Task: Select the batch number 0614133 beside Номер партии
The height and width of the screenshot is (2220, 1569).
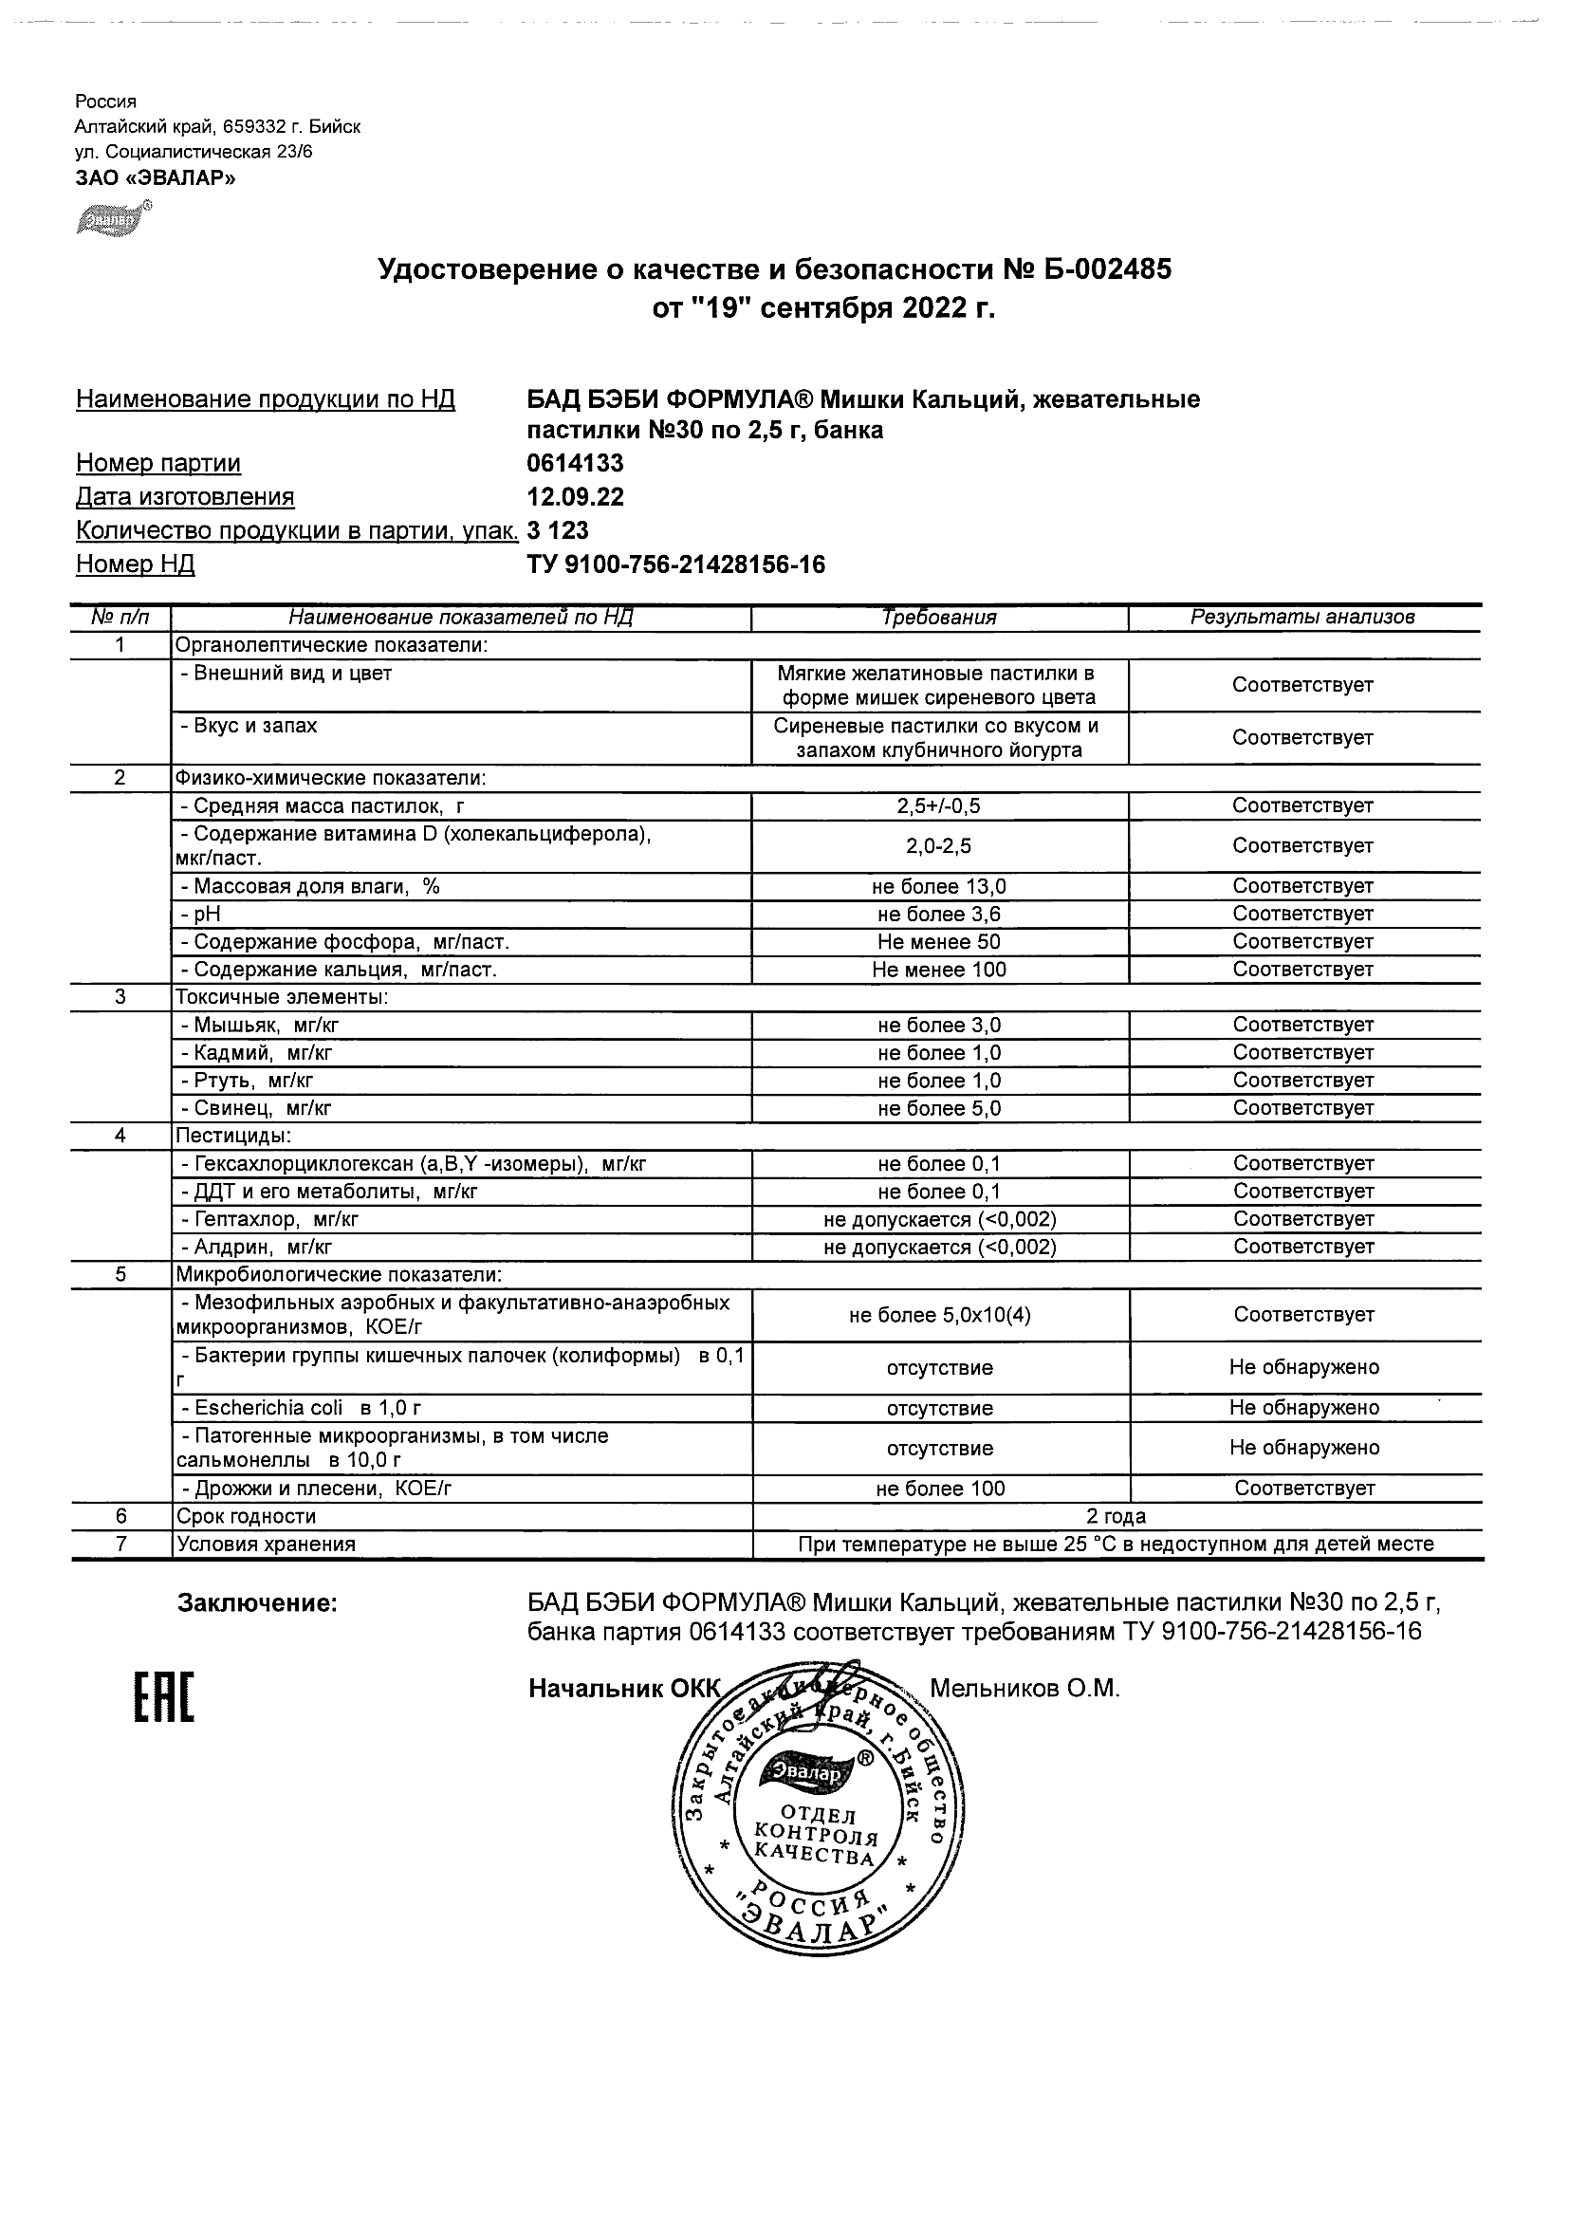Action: coord(575,463)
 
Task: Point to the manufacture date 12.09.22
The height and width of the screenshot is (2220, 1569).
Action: coord(575,497)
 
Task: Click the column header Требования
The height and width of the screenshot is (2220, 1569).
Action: coord(939,618)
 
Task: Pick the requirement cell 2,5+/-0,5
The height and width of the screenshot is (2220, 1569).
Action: coord(939,805)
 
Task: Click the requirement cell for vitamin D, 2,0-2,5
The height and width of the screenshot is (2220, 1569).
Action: coord(939,846)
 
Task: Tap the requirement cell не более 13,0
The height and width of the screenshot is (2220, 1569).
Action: coord(939,887)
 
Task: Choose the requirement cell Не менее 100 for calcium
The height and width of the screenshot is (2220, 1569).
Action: coord(939,970)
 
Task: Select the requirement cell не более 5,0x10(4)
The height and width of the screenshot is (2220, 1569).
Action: coord(939,1315)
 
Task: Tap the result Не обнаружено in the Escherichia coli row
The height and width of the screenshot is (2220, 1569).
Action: coord(1304,1408)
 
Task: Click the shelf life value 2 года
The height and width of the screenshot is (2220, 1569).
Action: coord(1117,1516)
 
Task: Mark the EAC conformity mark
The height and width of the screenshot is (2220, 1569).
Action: coord(162,1699)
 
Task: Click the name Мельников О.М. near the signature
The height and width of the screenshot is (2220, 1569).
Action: coord(1024,1688)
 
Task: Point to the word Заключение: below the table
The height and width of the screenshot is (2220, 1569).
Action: coord(257,1604)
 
